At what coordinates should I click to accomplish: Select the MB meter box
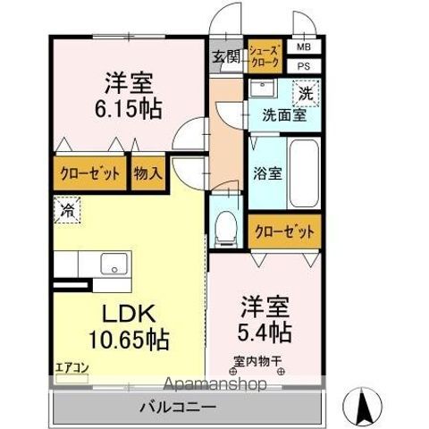(304, 47)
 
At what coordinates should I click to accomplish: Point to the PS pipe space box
(304, 66)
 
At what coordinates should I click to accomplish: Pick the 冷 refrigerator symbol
(68, 212)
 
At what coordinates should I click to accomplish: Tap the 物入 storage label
(148, 173)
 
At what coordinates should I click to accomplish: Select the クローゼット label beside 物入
(91, 173)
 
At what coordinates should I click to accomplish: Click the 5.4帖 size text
(265, 331)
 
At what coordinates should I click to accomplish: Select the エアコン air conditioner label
(71, 366)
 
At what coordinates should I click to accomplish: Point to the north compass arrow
(364, 408)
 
